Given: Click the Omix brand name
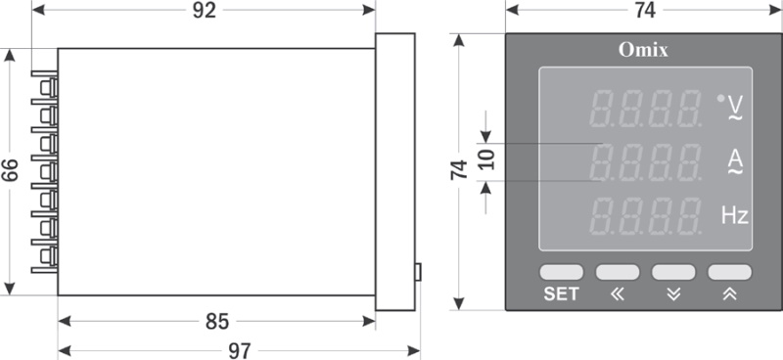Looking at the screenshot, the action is (x=643, y=50).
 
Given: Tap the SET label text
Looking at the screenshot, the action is (x=561, y=294).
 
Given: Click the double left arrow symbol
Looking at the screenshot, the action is (x=618, y=294).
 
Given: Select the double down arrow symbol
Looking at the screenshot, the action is (x=673, y=294).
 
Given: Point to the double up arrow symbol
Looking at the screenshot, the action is (x=729, y=294).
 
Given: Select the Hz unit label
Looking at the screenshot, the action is (x=735, y=215).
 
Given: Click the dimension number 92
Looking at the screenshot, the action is (x=205, y=11).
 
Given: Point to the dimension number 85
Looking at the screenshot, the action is (x=217, y=322).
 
